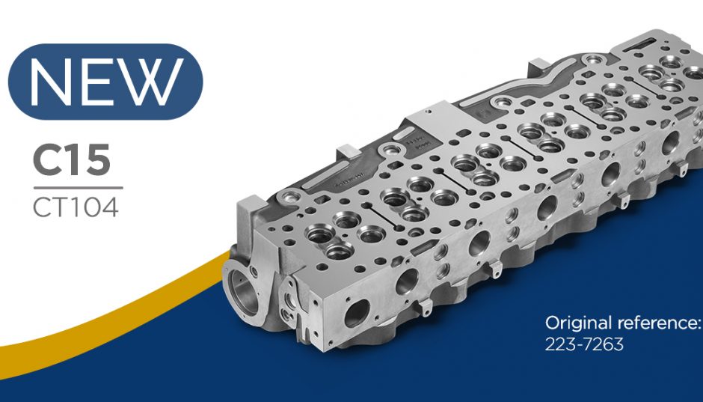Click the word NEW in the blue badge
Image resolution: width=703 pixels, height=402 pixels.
(105, 81)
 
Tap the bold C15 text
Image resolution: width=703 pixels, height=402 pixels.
(72, 160)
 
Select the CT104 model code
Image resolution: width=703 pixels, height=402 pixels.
(76, 207)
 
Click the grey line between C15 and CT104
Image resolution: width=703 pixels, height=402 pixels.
(78, 188)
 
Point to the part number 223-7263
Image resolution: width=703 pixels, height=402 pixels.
(584, 344)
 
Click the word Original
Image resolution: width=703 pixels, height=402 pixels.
(578, 323)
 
